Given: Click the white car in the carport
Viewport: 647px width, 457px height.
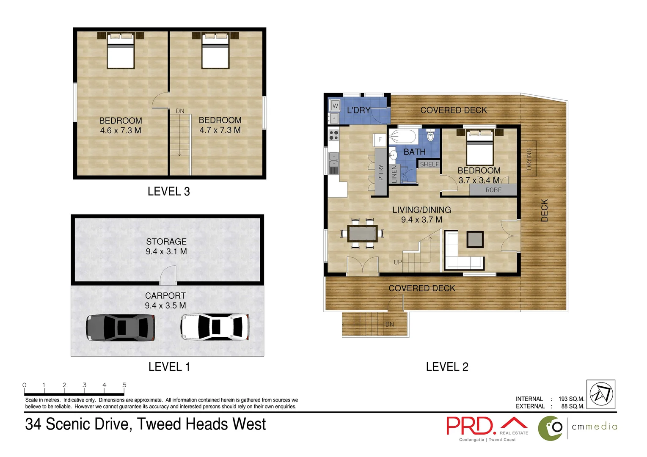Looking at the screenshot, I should [215, 327].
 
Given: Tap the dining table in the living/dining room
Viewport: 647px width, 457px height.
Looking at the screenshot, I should [362, 233].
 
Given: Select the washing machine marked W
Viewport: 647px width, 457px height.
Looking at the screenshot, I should [335, 105].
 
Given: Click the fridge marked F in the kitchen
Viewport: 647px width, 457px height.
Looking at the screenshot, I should [380, 140].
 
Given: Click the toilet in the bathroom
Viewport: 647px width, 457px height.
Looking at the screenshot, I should [430, 135].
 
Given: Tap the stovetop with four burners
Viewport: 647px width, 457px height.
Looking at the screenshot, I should [333, 135].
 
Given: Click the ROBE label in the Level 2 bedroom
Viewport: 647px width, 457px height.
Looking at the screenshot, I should [493, 190].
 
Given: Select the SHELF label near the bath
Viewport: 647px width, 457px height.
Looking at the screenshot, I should [429, 164].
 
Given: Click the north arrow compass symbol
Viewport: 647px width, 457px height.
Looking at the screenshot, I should [601, 394].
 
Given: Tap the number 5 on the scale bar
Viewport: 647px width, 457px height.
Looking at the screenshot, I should [124, 385].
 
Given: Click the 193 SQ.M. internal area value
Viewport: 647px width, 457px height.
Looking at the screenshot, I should [571, 399].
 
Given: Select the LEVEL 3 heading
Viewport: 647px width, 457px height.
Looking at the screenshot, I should [168, 192].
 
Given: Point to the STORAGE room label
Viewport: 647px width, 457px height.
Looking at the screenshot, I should [166, 242].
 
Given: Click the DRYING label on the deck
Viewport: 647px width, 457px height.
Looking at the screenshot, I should [529, 159].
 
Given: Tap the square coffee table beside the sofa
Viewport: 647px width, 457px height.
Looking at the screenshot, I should [475, 240].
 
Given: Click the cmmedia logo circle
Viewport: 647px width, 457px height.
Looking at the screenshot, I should [551, 428].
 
